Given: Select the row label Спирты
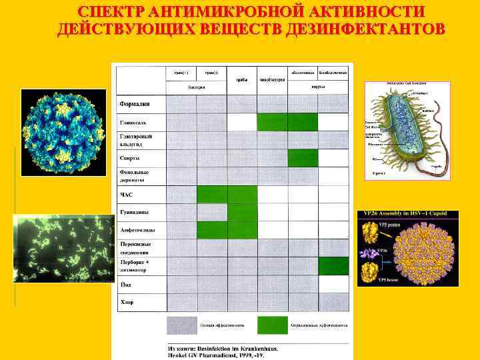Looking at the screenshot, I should pyautogui.click(x=129, y=158).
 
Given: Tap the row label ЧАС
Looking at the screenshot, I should pyautogui.click(x=127, y=195).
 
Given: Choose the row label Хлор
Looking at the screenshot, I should pyautogui.click(x=127, y=302).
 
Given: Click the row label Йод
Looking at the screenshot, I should pyautogui.click(x=125, y=284).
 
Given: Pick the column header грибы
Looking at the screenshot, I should pyautogui.click(x=242, y=79).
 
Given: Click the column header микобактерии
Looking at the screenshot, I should pyautogui.click(x=272, y=79).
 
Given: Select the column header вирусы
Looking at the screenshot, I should pyautogui.click(x=318, y=86).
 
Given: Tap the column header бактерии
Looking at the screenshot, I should pyautogui.click(x=196, y=87).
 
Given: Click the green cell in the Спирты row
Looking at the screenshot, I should pyautogui.click(x=303, y=158).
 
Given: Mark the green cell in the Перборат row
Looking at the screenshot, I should pyautogui.click(x=333, y=266).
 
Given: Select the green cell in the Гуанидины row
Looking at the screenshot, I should pyautogui.click(x=242, y=212).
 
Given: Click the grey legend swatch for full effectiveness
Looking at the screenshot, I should pyautogui.click(x=182, y=325).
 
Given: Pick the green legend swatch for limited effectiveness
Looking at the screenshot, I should pyautogui.click(x=272, y=325).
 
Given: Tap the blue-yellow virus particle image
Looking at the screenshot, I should pyautogui.click(x=63, y=133).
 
